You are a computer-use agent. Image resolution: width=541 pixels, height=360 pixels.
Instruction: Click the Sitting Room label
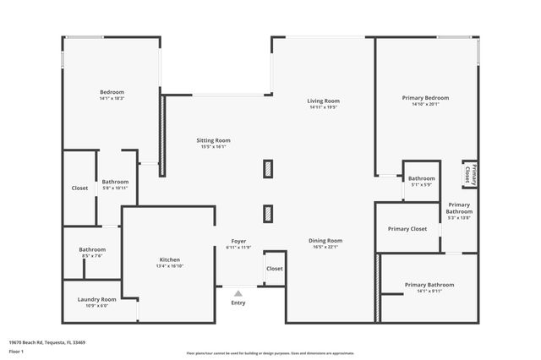pyautogui.click(x=213, y=140)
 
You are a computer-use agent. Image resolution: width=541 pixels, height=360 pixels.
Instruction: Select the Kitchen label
pyautogui.click(x=170, y=259)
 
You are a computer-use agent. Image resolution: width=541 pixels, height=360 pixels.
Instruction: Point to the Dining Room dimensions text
pyautogui.click(x=325, y=248)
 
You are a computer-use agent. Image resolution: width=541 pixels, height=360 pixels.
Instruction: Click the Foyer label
pyautogui.click(x=238, y=242)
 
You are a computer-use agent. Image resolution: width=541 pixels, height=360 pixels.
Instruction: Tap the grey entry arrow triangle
pyautogui.click(x=238, y=293)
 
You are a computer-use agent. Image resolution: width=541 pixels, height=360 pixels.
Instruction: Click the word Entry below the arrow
pyautogui.click(x=238, y=303)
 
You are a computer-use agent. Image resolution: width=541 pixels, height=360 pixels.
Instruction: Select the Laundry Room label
pyautogui.click(x=96, y=299)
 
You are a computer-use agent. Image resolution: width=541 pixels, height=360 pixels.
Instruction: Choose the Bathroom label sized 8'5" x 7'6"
pyautogui.click(x=92, y=249)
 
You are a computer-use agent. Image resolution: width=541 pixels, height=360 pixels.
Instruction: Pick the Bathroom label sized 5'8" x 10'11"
pyautogui.click(x=115, y=182)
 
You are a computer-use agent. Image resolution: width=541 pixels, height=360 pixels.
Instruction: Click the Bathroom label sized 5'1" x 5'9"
pyautogui.click(x=421, y=178)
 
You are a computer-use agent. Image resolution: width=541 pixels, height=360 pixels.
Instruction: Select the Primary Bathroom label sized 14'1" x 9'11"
pyautogui.click(x=429, y=285)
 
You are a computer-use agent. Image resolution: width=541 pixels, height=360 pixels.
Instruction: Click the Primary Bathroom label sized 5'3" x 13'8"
pyautogui.click(x=459, y=208)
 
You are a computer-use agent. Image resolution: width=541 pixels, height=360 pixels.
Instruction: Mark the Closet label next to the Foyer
pyautogui.click(x=275, y=269)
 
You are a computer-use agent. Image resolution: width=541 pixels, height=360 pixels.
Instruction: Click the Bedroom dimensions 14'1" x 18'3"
pyautogui.click(x=112, y=99)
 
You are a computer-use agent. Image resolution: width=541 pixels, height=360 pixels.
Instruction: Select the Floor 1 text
pyautogui.click(x=16, y=351)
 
